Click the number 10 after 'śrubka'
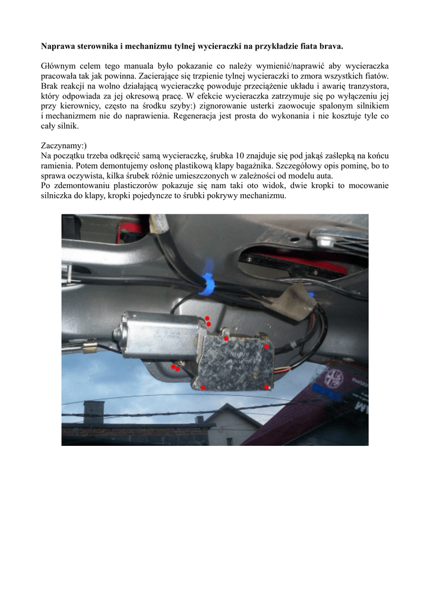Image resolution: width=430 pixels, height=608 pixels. [x=241, y=156]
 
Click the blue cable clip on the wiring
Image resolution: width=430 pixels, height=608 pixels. [x=208, y=287]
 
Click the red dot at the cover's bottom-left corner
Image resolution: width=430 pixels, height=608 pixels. [x=203, y=388]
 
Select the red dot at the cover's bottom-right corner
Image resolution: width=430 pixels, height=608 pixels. [x=266, y=387]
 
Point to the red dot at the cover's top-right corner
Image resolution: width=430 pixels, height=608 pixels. [x=267, y=346]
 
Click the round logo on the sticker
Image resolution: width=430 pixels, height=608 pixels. [x=336, y=376]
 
